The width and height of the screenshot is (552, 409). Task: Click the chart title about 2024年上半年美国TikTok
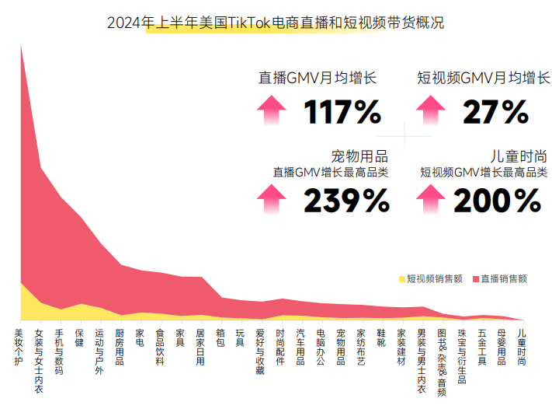[x=276, y=23]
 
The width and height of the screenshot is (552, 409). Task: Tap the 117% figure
[x=342, y=113]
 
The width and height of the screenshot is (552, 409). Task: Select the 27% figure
[x=495, y=113]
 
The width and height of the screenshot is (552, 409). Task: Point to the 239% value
[x=345, y=201]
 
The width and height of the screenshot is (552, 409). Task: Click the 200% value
[x=497, y=201]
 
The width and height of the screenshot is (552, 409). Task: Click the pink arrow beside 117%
[x=271, y=110]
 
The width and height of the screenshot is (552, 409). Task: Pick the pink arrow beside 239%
[x=271, y=200]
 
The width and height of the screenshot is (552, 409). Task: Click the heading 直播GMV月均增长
[x=317, y=78]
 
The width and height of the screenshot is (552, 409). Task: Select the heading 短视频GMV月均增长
[x=483, y=78]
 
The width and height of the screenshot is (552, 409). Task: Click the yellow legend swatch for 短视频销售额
[x=402, y=278]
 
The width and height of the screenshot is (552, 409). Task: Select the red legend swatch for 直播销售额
[x=474, y=278]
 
